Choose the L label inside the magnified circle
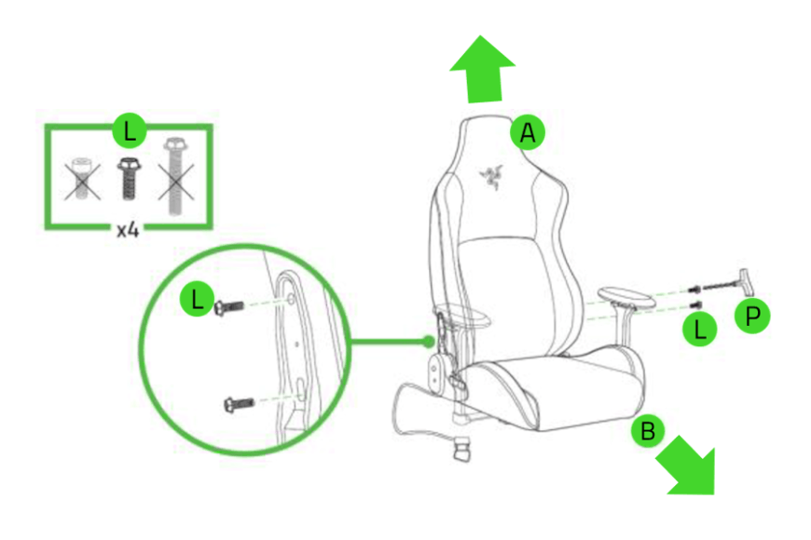pyautogui.click(x=195, y=300)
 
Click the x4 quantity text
pyautogui.click(x=129, y=230)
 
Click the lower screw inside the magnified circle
pyautogui.click(x=240, y=404)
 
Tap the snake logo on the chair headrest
pyautogui.click(x=486, y=175)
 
